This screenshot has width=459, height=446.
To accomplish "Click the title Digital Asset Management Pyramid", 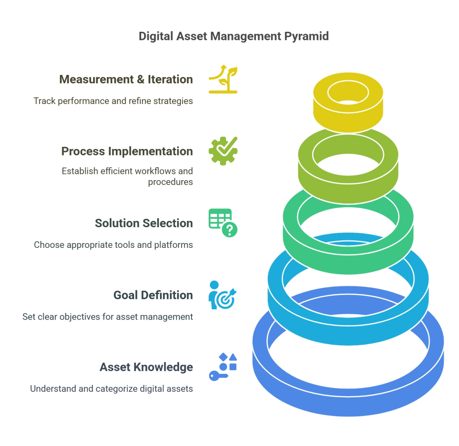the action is click(234, 37).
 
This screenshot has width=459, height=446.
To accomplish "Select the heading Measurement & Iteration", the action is click(126, 79).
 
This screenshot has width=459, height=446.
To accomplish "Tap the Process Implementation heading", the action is click(127, 152).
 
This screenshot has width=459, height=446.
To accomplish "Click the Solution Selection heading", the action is click(144, 223).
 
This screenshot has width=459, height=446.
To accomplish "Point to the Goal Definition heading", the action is click(153, 295).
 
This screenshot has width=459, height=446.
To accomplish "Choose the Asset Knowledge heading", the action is click(147, 367).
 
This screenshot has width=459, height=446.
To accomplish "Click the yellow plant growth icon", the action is click(223, 79).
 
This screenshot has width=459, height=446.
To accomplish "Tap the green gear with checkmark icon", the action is click(223, 151).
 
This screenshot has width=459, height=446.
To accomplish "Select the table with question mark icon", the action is click(223, 223).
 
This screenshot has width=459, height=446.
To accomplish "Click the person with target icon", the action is click(222, 295).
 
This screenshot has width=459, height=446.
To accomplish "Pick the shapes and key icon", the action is click(223, 367).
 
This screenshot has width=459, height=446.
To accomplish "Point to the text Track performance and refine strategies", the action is click(113, 101).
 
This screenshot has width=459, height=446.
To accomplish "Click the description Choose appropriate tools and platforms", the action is click(113, 245).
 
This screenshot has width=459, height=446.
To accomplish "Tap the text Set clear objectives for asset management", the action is click(108, 317).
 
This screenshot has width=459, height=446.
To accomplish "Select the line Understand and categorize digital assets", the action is click(112, 389).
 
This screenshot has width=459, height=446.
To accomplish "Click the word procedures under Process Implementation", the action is click(170, 182).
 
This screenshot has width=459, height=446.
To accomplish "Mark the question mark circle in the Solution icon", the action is click(230, 229).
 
